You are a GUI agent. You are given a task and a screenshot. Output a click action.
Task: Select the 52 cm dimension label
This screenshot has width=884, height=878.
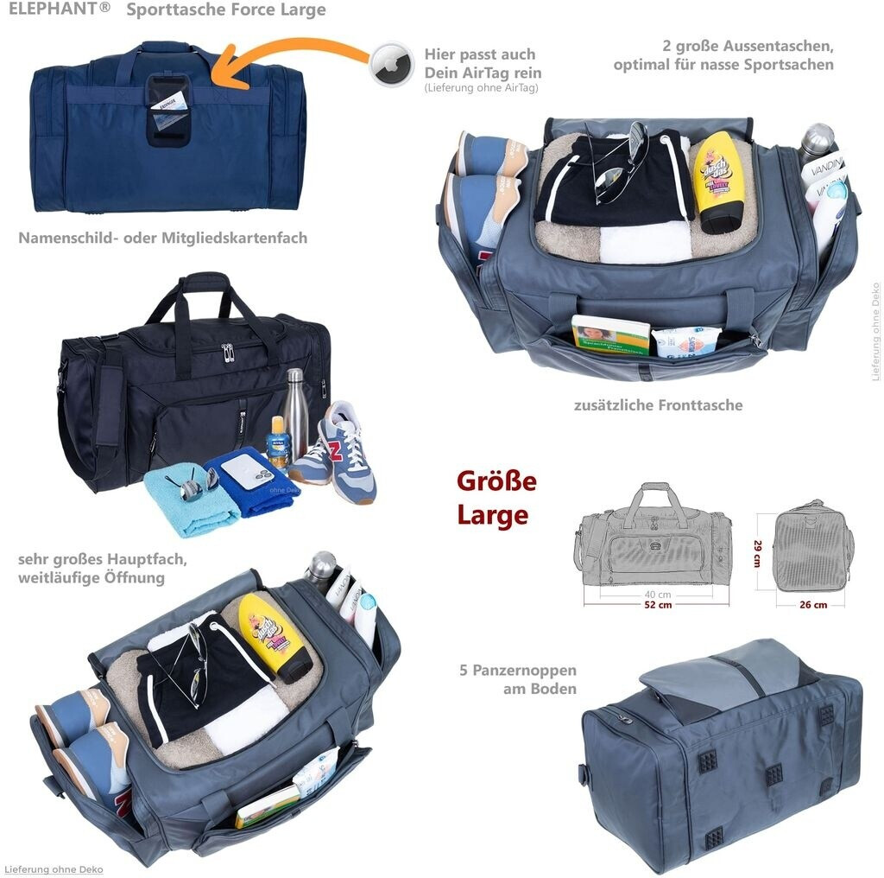(658, 605)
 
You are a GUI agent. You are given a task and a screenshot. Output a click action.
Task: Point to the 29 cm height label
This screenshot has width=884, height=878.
(757, 554)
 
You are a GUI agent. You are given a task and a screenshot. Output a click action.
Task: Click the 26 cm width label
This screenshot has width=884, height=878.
(813, 605)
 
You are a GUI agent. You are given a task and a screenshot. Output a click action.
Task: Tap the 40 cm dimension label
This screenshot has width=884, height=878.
(658, 595)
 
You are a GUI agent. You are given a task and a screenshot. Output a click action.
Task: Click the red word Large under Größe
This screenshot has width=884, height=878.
(492, 515)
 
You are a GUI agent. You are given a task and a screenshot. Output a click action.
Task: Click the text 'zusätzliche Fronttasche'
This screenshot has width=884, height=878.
(658, 404)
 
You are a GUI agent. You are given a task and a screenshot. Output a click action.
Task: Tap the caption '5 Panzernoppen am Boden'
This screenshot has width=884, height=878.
(518, 679)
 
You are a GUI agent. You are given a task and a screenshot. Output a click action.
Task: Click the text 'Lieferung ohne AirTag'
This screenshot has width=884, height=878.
(481, 88)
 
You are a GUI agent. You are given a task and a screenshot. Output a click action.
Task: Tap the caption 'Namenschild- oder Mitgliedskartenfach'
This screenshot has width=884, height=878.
(162, 238)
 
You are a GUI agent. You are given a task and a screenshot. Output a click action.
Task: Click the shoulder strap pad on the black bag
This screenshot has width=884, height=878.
(108, 405)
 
